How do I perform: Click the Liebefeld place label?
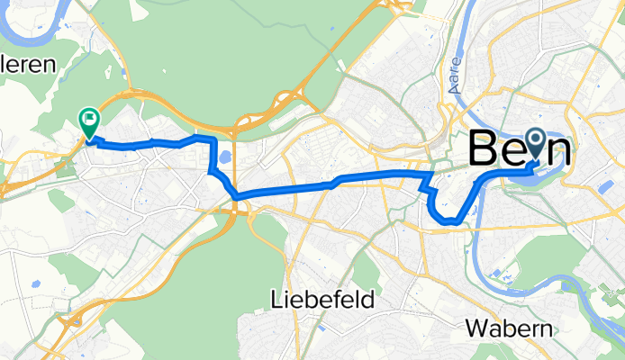pyautogui.click(x=322, y=300)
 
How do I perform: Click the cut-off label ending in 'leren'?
pyautogui.click(x=27, y=65)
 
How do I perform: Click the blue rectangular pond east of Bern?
pyautogui.click(x=606, y=186)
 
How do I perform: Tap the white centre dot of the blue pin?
pyautogui.click(x=535, y=140)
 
